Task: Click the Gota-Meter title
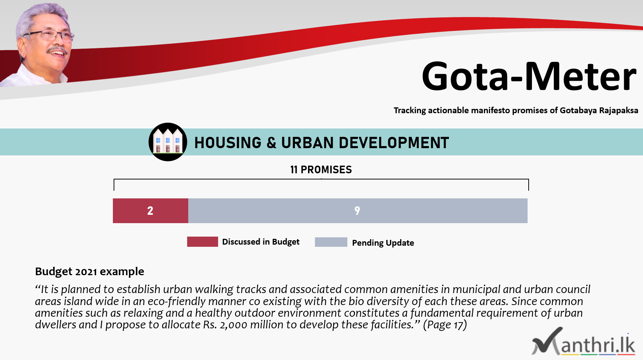(x=529, y=76)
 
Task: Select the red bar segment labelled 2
(x=150, y=211)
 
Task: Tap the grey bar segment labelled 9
(x=358, y=211)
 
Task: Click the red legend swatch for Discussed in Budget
(x=202, y=242)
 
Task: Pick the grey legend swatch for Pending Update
(x=331, y=242)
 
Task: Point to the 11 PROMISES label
(x=321, y=170)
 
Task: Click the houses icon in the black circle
(x=168, y=142)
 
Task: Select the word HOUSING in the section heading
(x=228, y=143)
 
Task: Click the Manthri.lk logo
(x=584, y=342)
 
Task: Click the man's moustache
(x=57, y=49)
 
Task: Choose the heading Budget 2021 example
(x=90, y=272)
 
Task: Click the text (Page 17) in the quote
(x=445, y=324)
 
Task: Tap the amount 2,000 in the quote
(x=234, y=325)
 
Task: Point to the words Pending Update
(x=383, y=243)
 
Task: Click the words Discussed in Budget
(x=261, y=242)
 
